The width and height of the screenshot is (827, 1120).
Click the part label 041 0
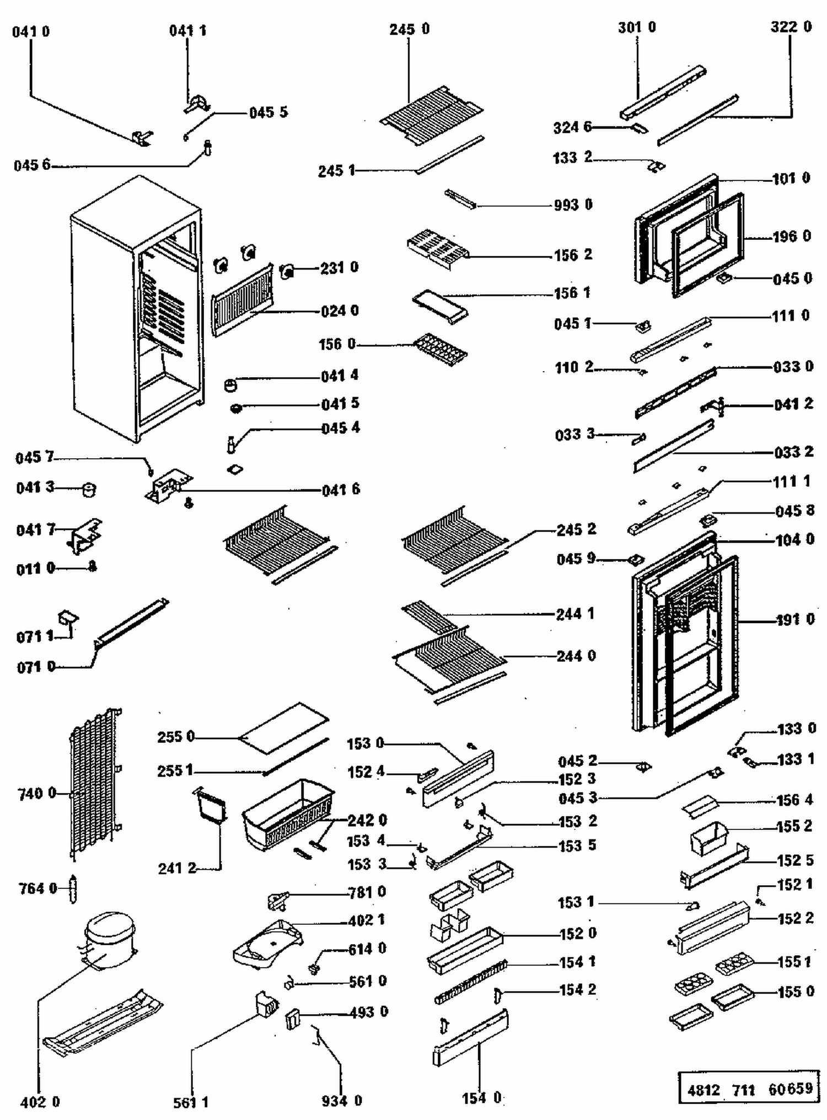(31, 31)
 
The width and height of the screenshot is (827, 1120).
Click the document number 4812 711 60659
(750, 1089)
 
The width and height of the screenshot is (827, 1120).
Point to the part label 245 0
(409, 29)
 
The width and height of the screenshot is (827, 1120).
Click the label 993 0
(573, 205)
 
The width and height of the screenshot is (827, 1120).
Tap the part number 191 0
(795, 620)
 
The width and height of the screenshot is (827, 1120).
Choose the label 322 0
(791, 27)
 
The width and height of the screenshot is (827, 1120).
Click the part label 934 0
(342, 1101)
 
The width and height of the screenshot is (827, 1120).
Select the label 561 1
(191, 1102)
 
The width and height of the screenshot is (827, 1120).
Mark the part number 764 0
(38, 889)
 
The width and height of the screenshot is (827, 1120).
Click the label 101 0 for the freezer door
(791, 179)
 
